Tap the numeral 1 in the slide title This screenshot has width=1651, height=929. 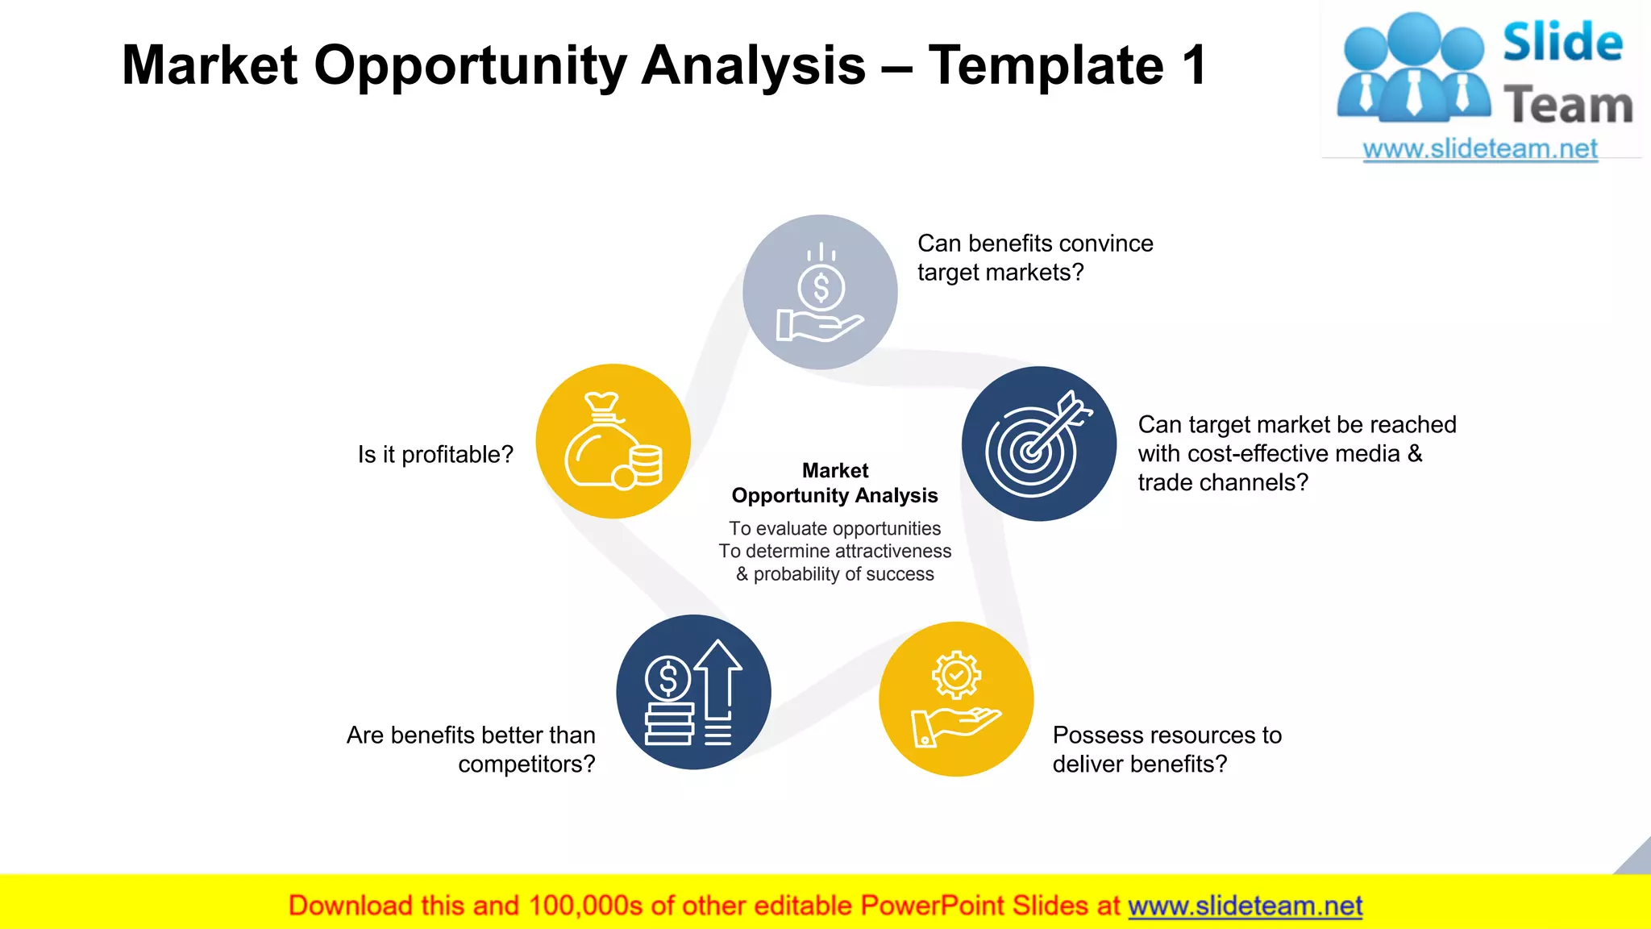point(1192,65)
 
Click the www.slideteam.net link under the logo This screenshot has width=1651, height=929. point(1480,148)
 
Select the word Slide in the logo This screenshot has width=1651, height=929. point(1562,42)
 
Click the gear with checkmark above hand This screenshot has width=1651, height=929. point(956,675)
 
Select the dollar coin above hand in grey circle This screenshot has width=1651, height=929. point(821,288)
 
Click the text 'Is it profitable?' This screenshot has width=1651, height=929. point(435,455)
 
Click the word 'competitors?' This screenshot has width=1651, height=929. point(526,764)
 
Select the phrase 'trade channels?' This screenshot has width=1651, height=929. point(1223,482)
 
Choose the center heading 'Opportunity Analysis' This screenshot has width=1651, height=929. point(834,495)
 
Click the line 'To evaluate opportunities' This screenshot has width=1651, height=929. point(834,528)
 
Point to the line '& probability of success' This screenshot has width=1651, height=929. point(834,574)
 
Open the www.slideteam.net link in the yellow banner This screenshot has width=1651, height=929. point(1245,906)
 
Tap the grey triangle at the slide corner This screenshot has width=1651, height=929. point(1637,860)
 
